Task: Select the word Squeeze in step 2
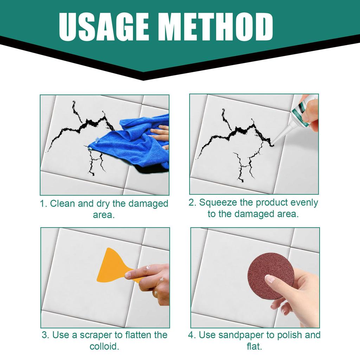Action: pyautogui.click(x=218, y=202)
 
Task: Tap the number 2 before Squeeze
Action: pyautogui.click(x=192, y=203)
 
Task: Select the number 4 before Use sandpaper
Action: pyautogui.click(x=191, y=335)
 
